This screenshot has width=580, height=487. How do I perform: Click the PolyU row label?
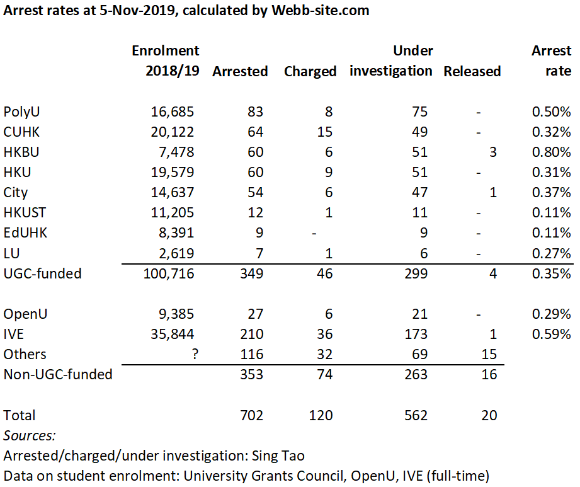point(21,112)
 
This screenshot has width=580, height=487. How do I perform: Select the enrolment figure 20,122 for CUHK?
point(172,132)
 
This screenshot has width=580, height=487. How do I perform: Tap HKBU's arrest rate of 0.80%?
point(551,152)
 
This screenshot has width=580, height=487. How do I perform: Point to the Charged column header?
point(310,71)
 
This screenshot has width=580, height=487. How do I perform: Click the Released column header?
point(472,71)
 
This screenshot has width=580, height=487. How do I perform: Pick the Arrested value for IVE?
point(251,334)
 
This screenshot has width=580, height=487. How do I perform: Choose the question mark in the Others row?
point(195,354)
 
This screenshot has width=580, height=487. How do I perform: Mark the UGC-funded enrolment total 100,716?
point(169,273)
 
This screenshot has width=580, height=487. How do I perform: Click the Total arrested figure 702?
point(251,415)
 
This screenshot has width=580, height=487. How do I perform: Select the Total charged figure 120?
point(321,415)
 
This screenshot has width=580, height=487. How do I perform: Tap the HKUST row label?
point(25,213)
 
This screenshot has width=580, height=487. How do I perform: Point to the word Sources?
point(29,435)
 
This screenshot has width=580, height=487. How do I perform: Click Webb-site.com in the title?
point(321,10)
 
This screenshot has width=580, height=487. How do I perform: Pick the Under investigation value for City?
point(420,192)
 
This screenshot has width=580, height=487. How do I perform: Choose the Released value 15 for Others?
point(489,354)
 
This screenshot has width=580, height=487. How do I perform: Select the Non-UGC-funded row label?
point(58,374)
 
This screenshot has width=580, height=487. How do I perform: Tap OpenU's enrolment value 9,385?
point(176,314)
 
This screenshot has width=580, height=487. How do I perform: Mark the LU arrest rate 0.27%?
point(551,253)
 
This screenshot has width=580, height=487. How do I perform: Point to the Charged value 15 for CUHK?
point(325,132)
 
